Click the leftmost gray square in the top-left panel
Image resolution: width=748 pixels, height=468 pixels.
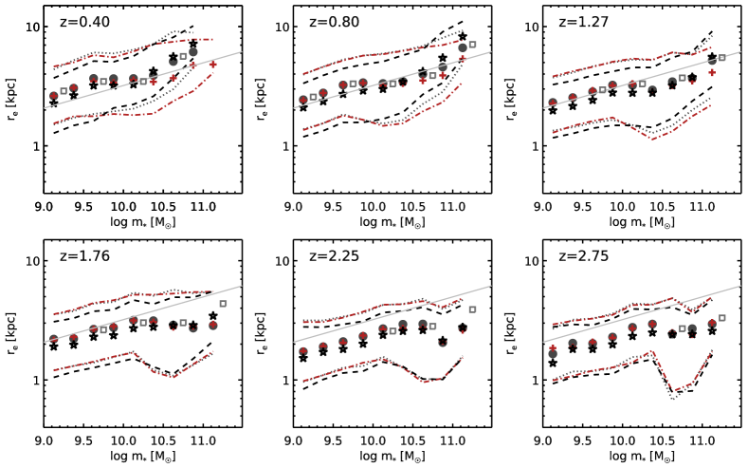tap(64, 91)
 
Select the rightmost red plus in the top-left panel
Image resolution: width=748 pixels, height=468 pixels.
tap(212, 65)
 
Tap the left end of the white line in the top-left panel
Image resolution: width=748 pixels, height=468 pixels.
tap(45, 107)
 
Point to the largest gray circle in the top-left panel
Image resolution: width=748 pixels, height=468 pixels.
tap(193, 52)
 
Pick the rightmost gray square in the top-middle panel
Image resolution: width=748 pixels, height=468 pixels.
tap(472, 45)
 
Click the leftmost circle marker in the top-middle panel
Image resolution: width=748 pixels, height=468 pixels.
tap(303, 99)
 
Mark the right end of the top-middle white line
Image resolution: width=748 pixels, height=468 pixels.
tap(491, 52)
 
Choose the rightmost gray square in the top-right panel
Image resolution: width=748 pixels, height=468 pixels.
tap(721, 58)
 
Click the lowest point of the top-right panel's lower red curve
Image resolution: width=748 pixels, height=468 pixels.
tap(653, 139)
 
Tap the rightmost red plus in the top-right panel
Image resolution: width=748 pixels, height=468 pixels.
tap(712, 72)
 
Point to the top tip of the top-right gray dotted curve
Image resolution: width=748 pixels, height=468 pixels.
tap(712, 36)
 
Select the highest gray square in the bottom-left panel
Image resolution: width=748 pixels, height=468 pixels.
tap(223, 304)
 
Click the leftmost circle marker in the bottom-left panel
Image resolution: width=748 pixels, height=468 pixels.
tap(54, 338)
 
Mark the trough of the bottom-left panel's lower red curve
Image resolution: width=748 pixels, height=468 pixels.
tap(173, 377)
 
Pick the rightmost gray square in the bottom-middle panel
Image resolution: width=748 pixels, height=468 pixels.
tap(472, 309)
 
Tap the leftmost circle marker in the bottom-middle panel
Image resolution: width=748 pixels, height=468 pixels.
tap(303, 351)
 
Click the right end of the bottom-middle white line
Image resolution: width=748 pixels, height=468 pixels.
tap(491, 286)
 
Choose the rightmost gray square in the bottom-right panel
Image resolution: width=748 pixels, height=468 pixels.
tap(721, 318)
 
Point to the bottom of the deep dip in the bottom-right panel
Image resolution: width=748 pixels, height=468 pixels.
tap(673, 399)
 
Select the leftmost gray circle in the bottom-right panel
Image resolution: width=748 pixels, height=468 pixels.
tap(553, 353)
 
